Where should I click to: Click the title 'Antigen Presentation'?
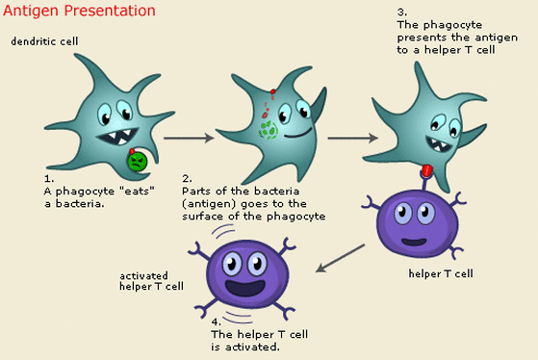click(80, 12)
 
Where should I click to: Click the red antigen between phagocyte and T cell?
click(426, 171)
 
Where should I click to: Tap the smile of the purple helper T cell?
click(415, 242)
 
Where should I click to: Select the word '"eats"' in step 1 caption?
click(124, 190)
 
